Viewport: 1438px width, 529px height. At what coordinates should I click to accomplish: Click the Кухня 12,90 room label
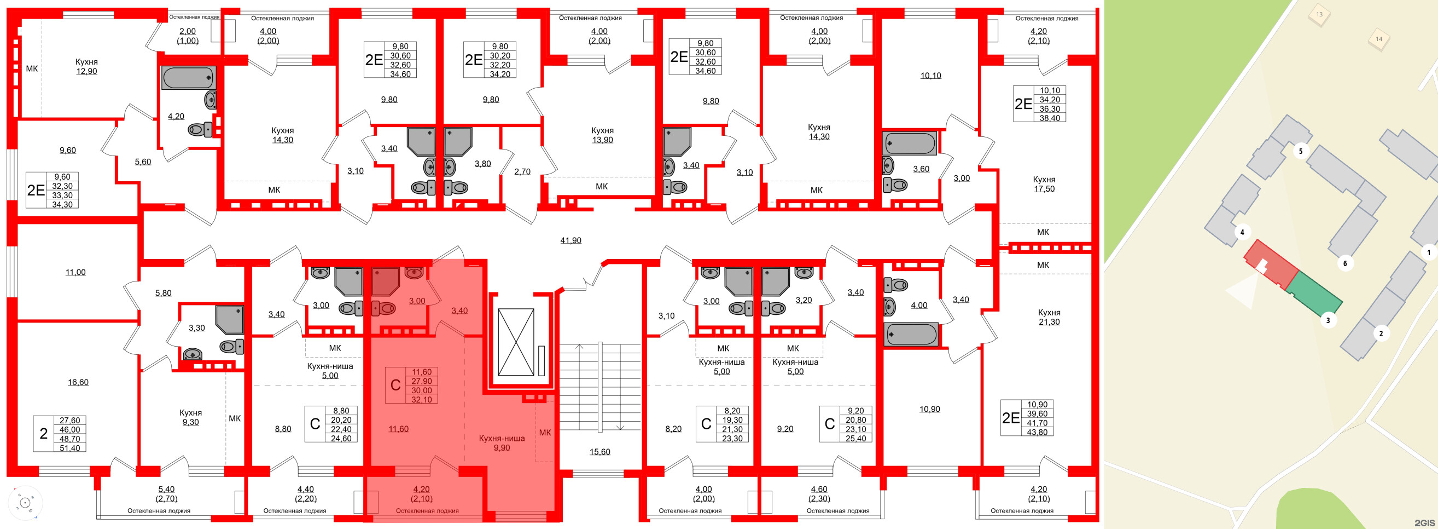tap(86, 66)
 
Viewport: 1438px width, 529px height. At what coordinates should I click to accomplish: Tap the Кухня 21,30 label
tap(1049, 317)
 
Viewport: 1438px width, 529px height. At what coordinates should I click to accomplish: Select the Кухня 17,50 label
tap(1044, 184)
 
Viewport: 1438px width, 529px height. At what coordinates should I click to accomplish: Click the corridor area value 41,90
tap(570, 240)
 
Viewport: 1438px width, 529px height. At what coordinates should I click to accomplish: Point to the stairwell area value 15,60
tap(599, 452)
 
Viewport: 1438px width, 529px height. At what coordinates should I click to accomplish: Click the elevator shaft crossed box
tap(516, 342)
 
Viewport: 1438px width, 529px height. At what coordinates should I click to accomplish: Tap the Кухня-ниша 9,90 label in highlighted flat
tap(501, 443)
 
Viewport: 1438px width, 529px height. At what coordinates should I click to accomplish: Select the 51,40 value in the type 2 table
tap(69, 448)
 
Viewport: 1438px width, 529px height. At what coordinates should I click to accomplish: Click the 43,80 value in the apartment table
tap(1037, 432)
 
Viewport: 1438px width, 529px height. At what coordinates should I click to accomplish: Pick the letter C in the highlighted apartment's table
tap(395, 385)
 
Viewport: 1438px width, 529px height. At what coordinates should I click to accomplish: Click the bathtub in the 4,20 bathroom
tap(188, 78)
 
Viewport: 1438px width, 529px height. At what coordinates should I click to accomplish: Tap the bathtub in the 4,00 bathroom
tap(912, 335)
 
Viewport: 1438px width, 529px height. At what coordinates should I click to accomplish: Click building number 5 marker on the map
tap(1301, 151)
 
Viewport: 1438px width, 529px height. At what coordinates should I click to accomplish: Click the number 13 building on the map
tap(1319, 15)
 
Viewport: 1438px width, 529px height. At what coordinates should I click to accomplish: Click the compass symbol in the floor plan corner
tap(25, 503)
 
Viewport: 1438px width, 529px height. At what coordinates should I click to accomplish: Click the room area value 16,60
tap(78, 382)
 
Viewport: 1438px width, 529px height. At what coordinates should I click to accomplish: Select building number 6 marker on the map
tap(1345, 263)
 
